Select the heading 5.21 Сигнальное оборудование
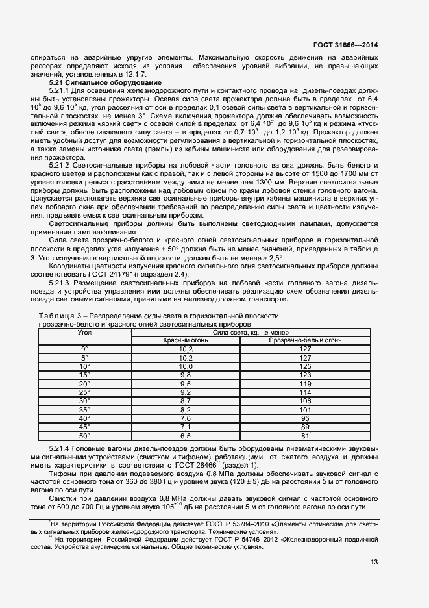pyautogui.click(x=97, y=83)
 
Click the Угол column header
pyautogui.click(x=84, y=332)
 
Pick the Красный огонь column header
pyautogui.click(x=185, y=340)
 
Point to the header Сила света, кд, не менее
pyautogui.click(x=251, y=332)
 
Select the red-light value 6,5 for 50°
pyautogui.click(x=185, y=437)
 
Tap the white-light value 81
pyautogui.click(x=305, y=437)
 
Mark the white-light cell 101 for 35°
pyautogui.click(x=305, y=411)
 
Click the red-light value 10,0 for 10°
pyautogui.click(x=185, y=366)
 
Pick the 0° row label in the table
pyautogui.click(x=84, y=349)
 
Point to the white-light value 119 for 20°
pyautogui.click(x=305, y=384)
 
